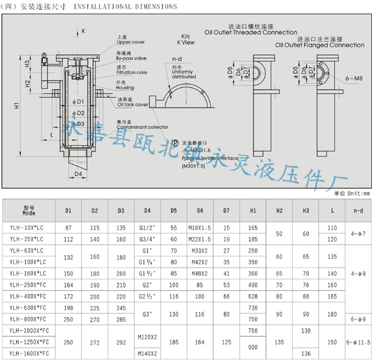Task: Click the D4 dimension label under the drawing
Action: pyautogui.click(x=78, y=174)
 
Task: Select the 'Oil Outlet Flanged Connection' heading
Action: pyautogui.click(x=320, y=45)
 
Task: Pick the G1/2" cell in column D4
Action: pyautogui.click(x=148, y=228)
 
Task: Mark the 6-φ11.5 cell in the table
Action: pyautogui.click(x=357, y=342)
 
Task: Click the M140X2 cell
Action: pyautogui.click(x=148, y=353)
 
